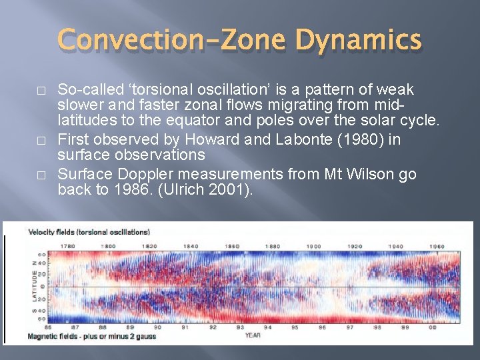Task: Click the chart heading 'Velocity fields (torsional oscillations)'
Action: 89,232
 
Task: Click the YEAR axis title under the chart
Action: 252,335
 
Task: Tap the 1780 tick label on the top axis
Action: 68,246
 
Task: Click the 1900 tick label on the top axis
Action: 313,246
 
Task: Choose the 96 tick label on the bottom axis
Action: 322,327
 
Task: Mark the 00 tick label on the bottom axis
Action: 433,327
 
